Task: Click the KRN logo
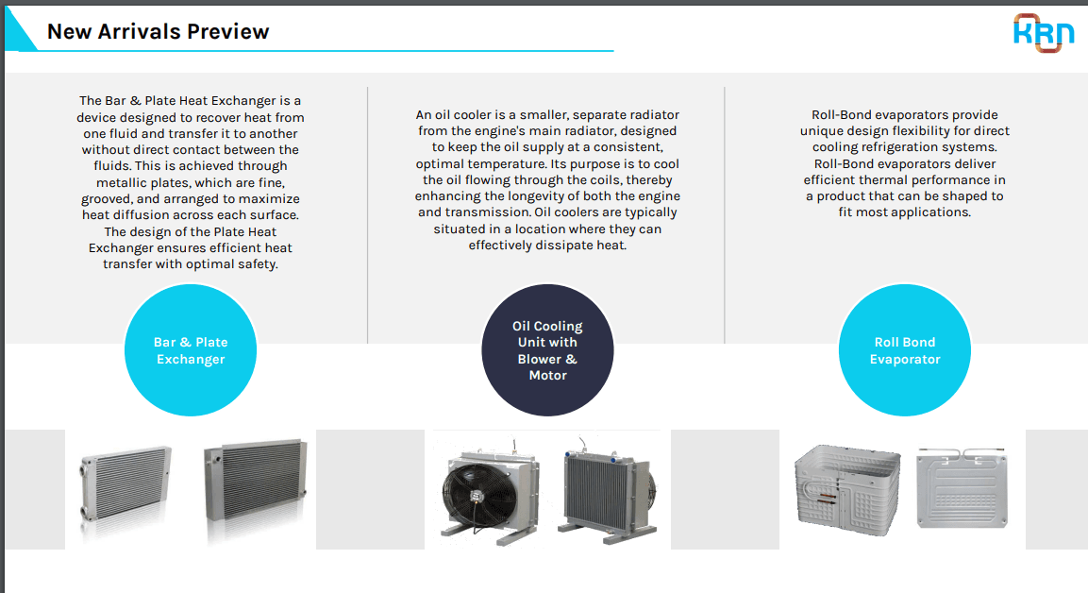click(x=1044, y=33)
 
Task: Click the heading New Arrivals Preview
click(x=159, y=31)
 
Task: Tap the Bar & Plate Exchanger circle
click(x=191, y=350)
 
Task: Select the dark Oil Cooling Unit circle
click(x=547, y=350)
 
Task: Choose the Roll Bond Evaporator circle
click(x=905, y=350)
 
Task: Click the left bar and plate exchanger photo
click(x=125, y=486)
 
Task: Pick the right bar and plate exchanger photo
click(x=256, y=482)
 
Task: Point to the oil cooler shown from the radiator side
click(x=607, y=492)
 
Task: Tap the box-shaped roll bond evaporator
click(x=847, y=490)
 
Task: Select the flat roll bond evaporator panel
click(x=962, y=487)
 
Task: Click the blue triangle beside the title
click(x=20, y=30)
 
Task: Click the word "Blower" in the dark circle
click(x=539, y=359)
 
